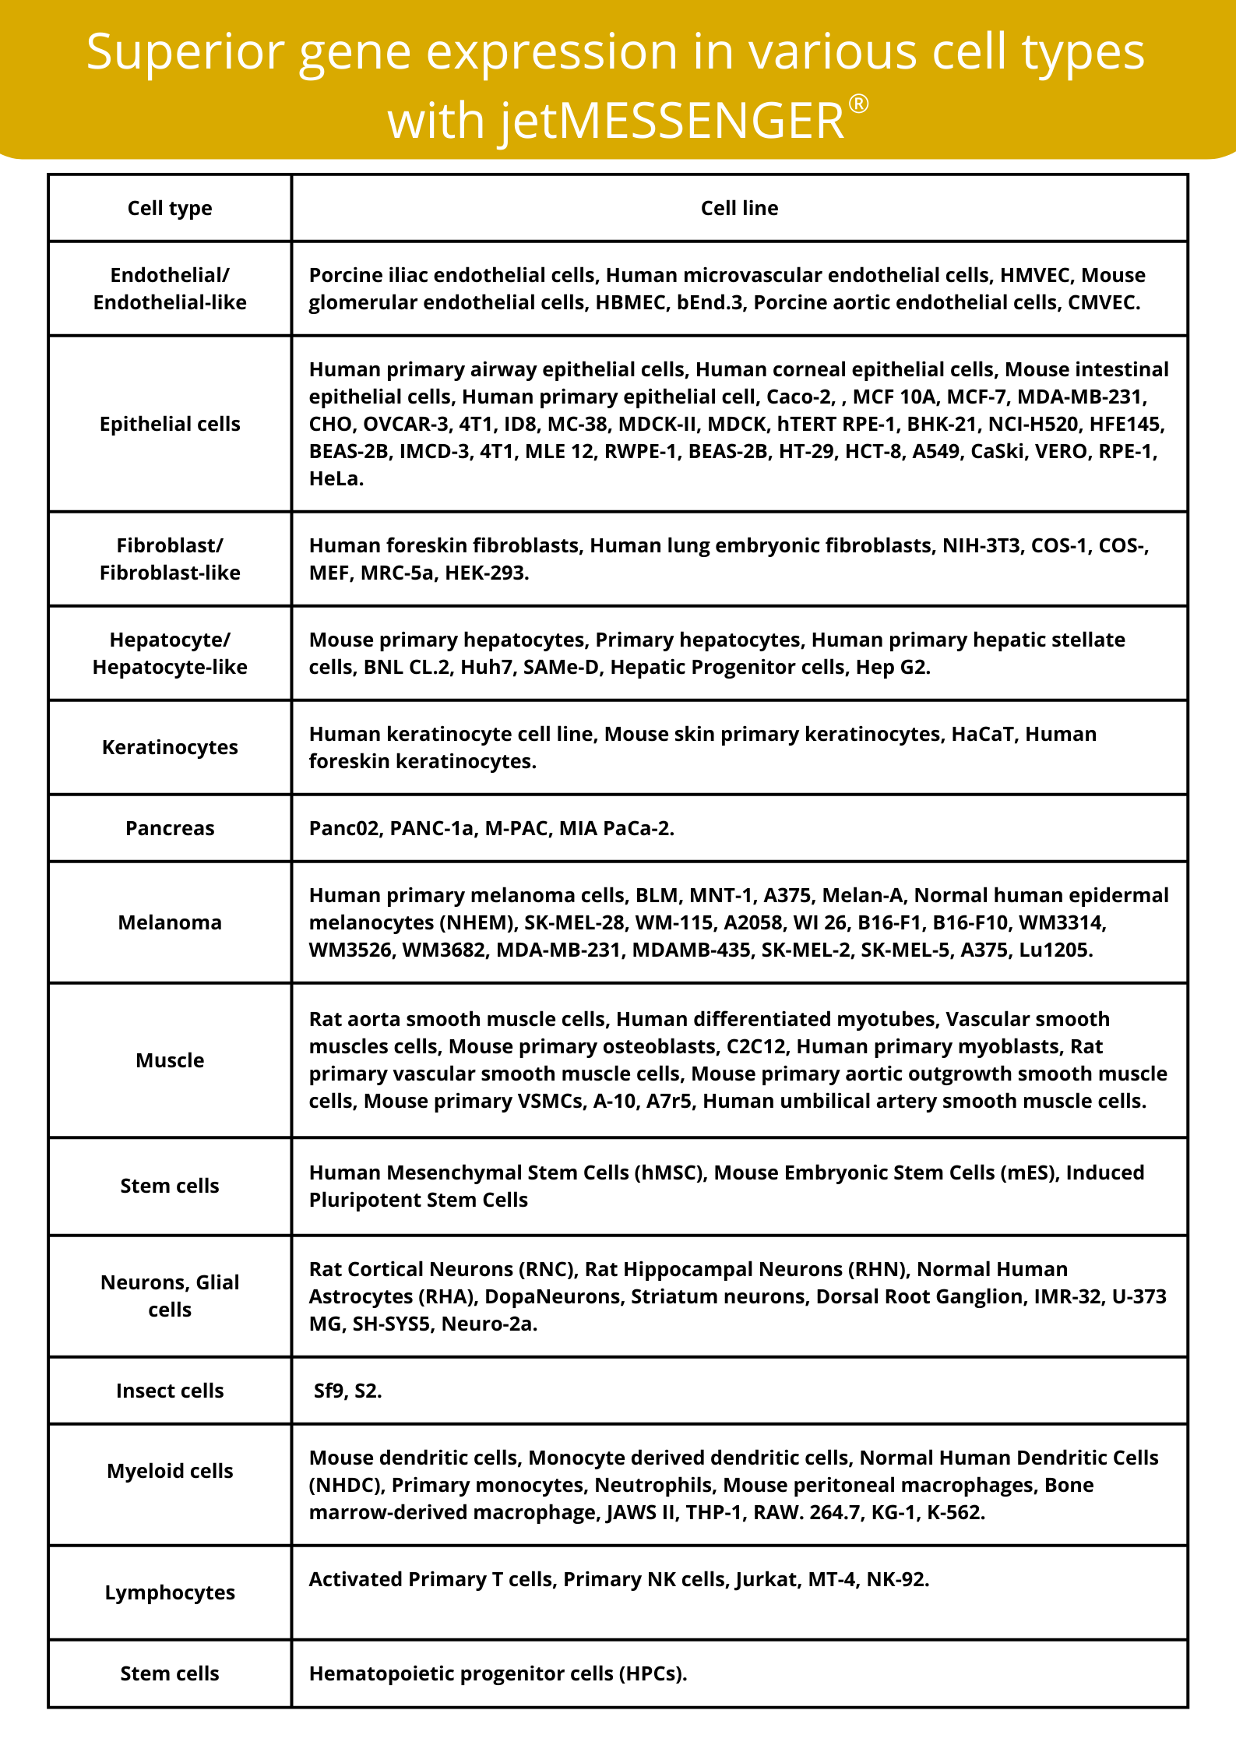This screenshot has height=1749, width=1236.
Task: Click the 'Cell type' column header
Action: (x=170, y=208)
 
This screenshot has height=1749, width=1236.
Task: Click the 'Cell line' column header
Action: (x=739, y=208)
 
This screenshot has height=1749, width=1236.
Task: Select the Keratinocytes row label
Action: (x=170, y=747)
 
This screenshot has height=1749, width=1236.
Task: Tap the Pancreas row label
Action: (x=170, y=828)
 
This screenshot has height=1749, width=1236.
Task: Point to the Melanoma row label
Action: (x=170, y=922)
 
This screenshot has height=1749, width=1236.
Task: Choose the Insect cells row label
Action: (x=170, y=1391)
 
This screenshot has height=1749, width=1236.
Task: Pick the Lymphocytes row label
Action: (x=170, y=1592)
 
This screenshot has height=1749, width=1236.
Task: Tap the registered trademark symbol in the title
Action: (x=858, y=104)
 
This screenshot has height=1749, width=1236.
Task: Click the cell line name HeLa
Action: (x=334, y=478)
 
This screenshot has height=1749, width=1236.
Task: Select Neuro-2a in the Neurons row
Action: (x=488, y=1324)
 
